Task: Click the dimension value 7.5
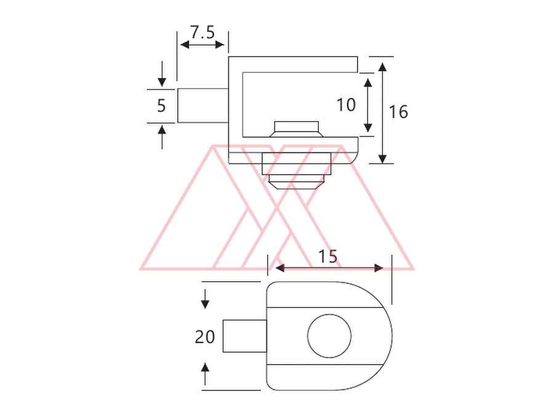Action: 203,33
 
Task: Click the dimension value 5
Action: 161,106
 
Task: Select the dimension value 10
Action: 346,105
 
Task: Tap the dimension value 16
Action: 398,111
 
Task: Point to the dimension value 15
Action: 328,256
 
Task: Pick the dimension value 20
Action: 204,337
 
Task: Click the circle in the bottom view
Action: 329,336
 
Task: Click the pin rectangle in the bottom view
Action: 244,336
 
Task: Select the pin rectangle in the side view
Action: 203,106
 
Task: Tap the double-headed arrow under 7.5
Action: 203,45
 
